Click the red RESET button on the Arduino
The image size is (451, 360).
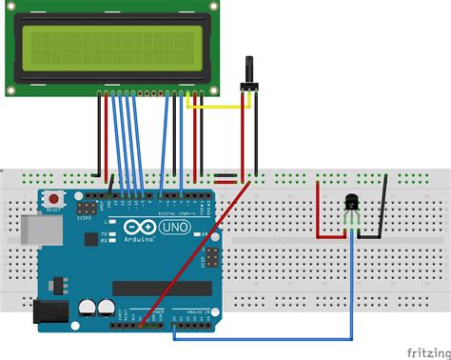53,199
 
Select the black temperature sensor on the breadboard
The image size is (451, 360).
351,202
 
